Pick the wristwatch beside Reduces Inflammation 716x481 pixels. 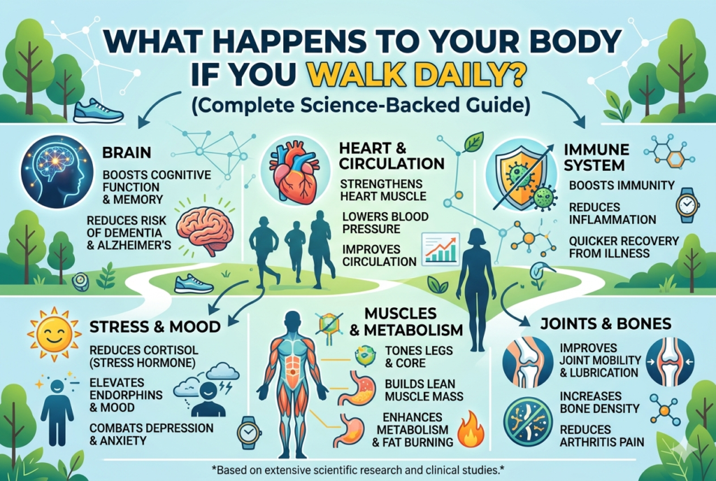pos(686,206)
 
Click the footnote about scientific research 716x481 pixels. pos(357,465)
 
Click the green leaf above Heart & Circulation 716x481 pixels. pos(473,142)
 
